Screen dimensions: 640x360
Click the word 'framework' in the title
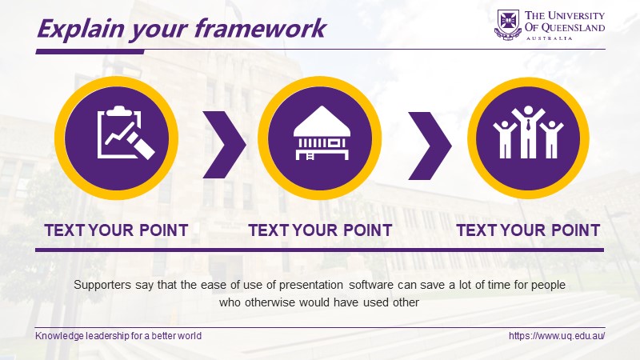[260, 29]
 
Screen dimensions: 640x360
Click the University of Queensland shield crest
[508, 25]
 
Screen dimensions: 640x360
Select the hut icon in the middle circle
[322, 133]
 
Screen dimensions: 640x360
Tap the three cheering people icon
[528, 132]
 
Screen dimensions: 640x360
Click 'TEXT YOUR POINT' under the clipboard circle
[116, 230]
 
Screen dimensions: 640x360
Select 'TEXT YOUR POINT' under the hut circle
[321, 230]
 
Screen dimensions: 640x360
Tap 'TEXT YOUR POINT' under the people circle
[528, 230]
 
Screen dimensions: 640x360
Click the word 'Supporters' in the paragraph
[102, 285]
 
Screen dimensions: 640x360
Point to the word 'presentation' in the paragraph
[311, 285]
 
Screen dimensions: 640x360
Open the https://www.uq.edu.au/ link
[557, 336]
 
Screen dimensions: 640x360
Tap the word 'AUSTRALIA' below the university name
[550, 38]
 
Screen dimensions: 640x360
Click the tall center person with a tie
[528, 132]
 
